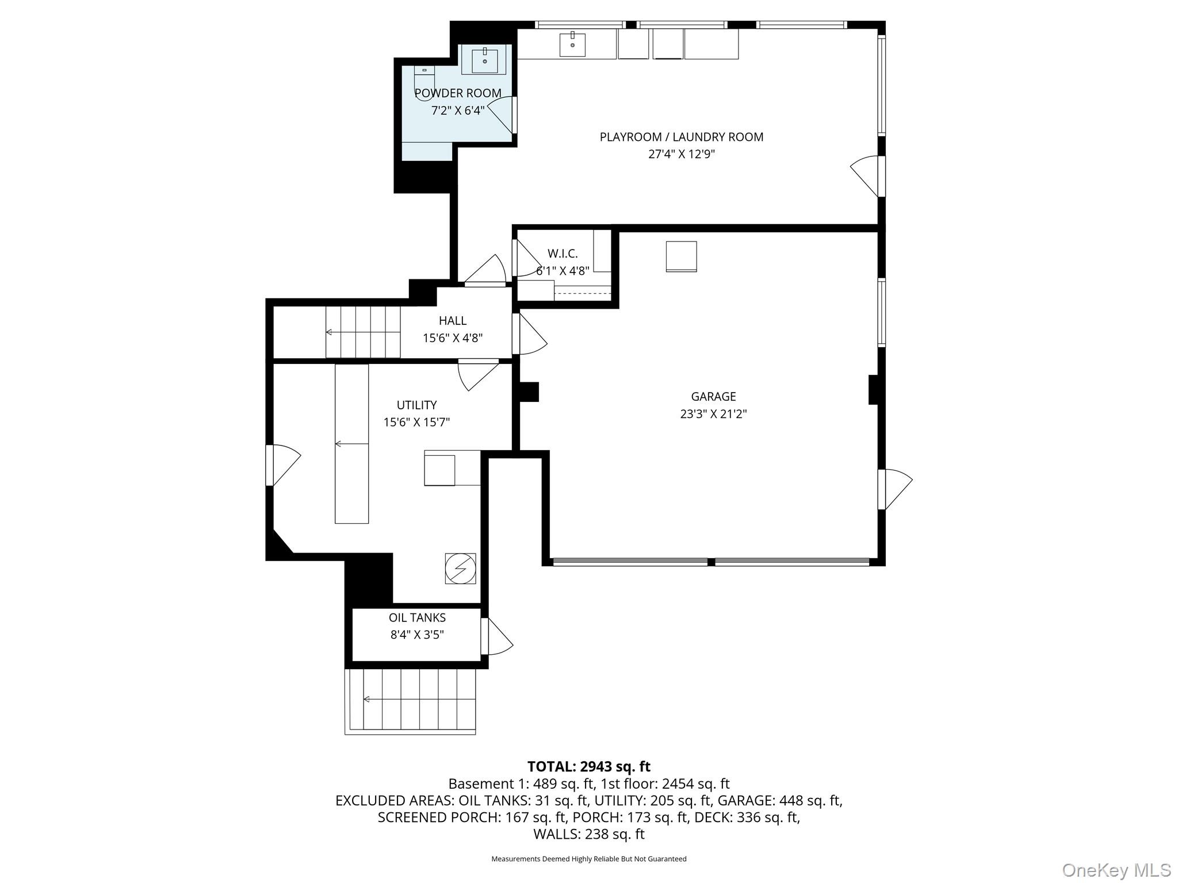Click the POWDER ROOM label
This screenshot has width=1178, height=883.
tap(458, 93)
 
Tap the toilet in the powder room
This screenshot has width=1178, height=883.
tap(424, 83)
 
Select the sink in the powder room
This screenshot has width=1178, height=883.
tap(485, 60)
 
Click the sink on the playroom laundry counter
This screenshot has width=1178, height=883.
tap(572, 45)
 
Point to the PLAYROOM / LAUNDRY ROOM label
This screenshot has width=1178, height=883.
tap(682, 137)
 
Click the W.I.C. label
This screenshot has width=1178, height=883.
tap(563, 254)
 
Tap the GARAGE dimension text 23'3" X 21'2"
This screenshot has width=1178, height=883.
tap(713, 414)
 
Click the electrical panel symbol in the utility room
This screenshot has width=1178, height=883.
tap(460, 569)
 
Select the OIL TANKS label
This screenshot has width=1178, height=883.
tap(417, 618)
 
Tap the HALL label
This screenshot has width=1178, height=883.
tap(453, 321)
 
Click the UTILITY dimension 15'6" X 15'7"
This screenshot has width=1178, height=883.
tap(416, 423)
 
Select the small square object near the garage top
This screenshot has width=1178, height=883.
tap(681, 256)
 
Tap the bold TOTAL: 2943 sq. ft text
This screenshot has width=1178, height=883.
tap(588, 766)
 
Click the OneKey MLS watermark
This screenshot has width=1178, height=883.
tap(1116, 870)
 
